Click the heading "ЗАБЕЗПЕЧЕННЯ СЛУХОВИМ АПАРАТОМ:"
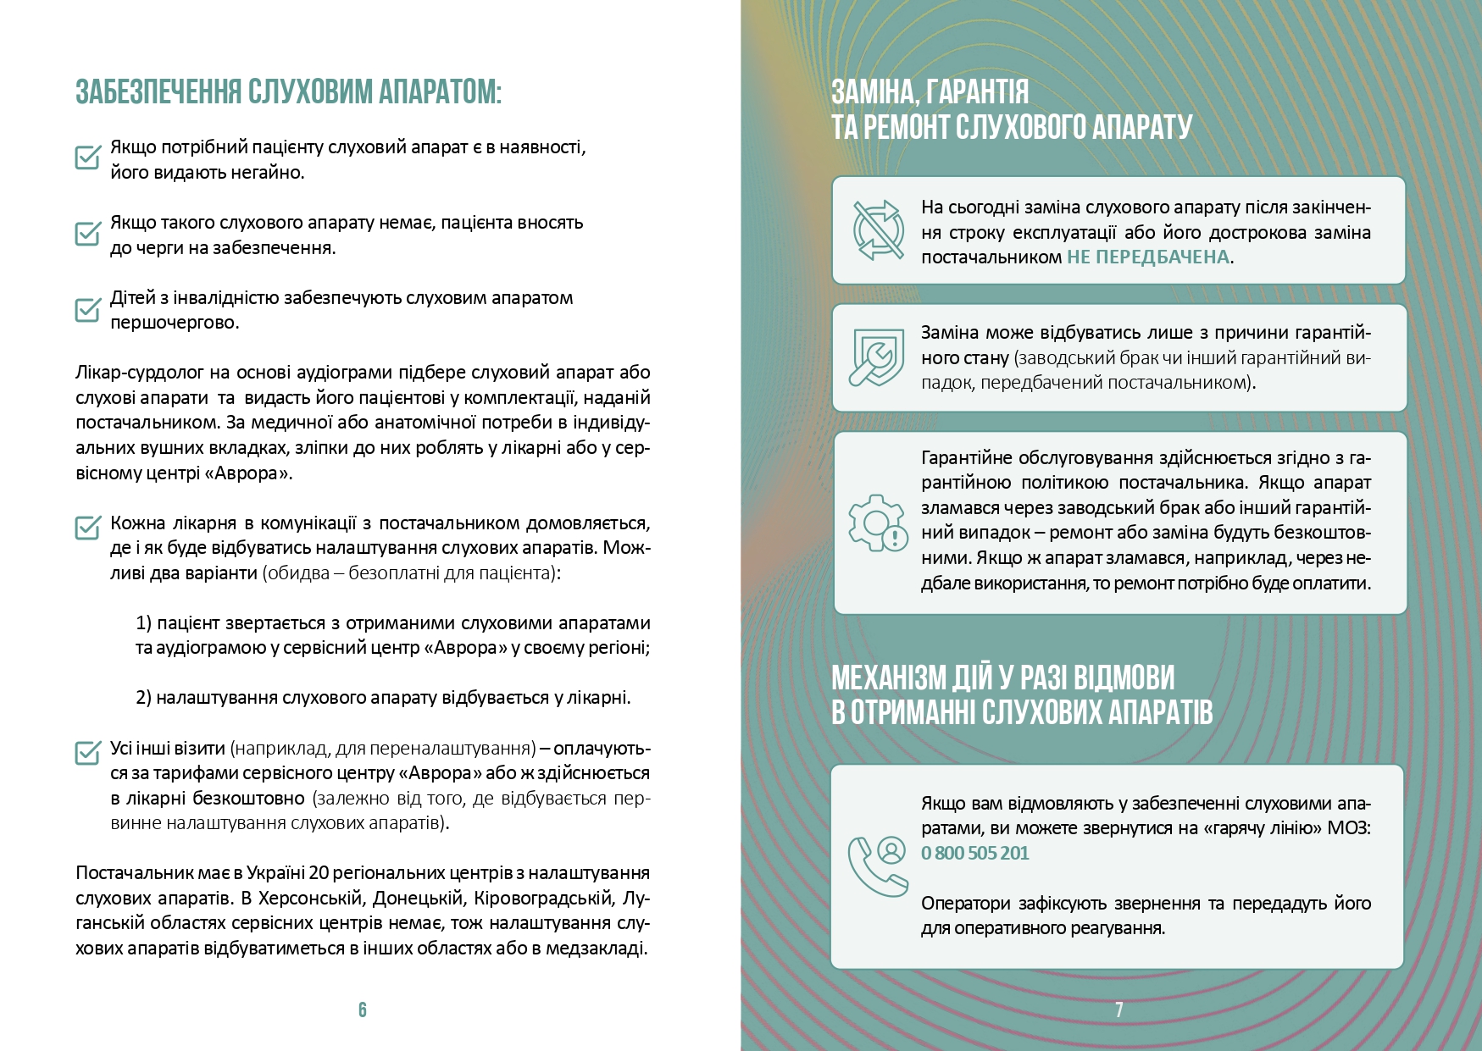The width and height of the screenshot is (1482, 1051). pos(288,91)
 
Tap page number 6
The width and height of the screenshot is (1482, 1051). pos(363,1010)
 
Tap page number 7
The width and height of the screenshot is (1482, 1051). pos(1119,1010)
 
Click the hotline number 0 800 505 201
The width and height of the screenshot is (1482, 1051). pos(974,853)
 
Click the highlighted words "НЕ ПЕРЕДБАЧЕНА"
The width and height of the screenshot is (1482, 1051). pos(1147,257)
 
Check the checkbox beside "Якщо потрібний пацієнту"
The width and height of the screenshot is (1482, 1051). pos(88,157)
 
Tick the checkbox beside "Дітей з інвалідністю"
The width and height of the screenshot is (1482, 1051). pos(88,309)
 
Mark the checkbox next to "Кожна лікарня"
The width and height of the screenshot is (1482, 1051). pos(88,527)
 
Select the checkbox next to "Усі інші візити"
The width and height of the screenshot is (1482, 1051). pos(88,752)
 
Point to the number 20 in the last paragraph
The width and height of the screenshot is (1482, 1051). pos(319,873)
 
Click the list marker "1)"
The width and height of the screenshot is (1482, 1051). pos(143,623)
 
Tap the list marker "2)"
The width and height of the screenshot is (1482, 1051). pos(143,698)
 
